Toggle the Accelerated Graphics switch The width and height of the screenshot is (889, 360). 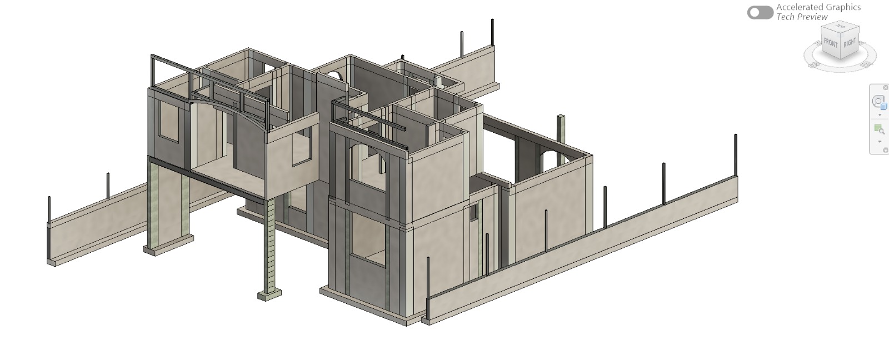(x=760, y=13)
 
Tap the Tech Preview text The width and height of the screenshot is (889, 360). (x=802, y=17)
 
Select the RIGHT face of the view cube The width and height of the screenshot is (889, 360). (x=850, y=43)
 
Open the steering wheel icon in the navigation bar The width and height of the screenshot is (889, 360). (x=878, y=102)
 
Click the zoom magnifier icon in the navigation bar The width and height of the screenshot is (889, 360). (x=878, y=129)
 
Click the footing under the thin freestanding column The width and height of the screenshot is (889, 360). (x=269, y=295)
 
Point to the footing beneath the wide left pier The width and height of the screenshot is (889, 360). (x=169, y=244)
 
